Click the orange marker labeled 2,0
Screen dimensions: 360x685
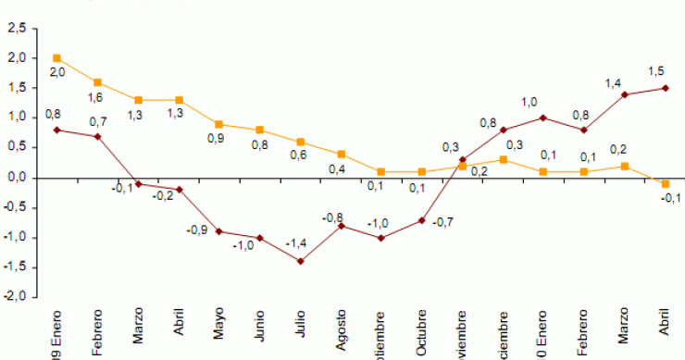(x=57, y=58)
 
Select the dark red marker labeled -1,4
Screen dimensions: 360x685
(x=300, y=261)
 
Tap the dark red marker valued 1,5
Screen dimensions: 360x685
(x=665, y=88)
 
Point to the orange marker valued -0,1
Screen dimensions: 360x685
(x=665, y=184)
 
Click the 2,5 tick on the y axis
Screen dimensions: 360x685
(x=17, y=29)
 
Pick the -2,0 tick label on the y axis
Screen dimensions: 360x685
(x=15, y=297)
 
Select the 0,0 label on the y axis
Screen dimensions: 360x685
(x=17, y=178)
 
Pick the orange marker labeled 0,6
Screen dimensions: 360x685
(x=300, y=142)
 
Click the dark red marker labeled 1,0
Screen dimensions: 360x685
(x=542, y=118)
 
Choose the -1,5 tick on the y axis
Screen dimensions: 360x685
(x=15, y=267)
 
